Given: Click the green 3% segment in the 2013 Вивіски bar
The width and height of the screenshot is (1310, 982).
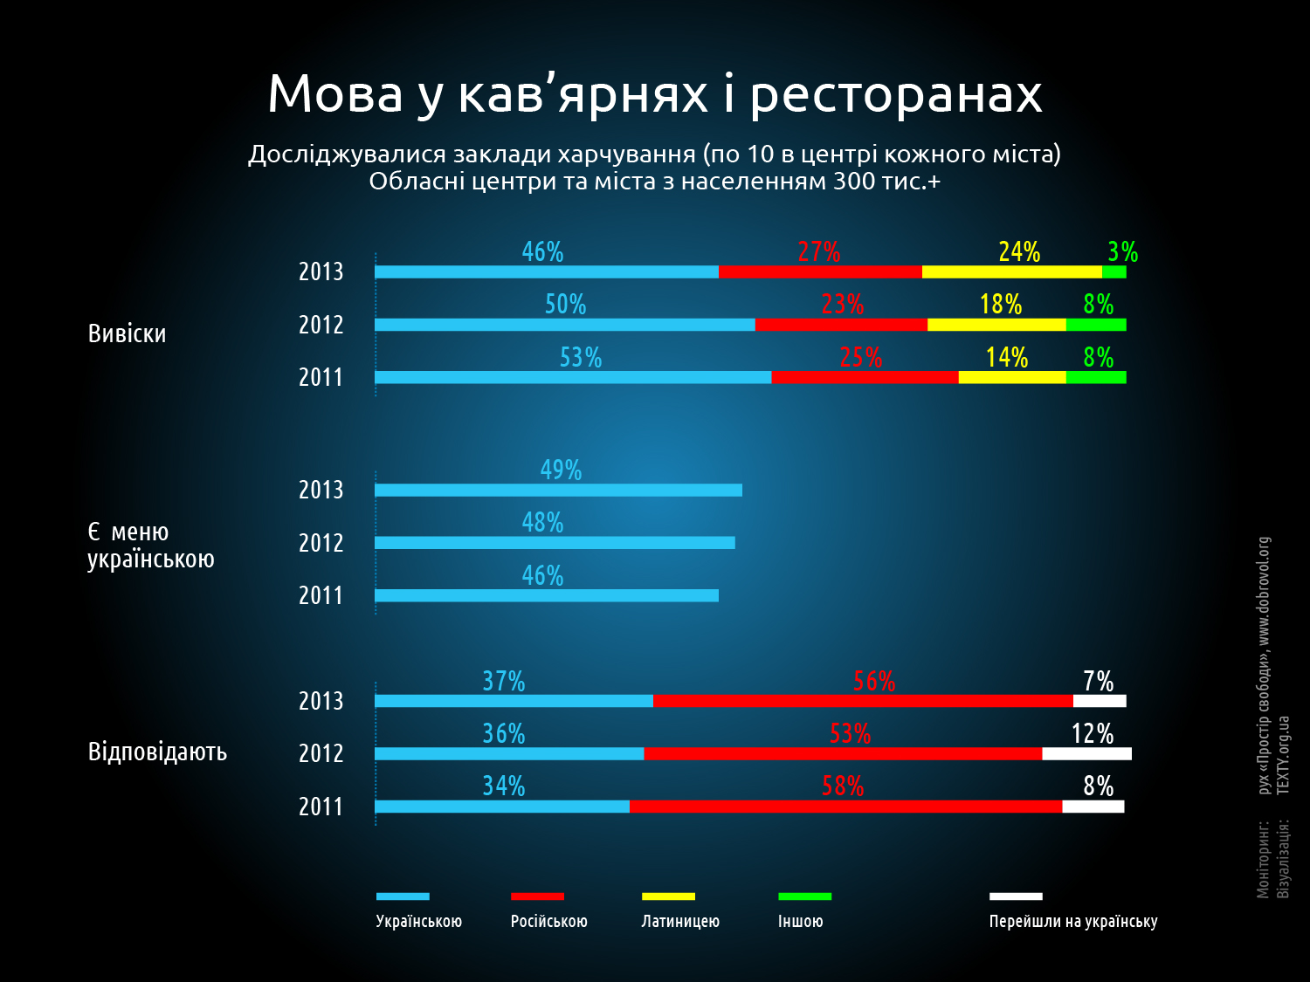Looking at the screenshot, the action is point(1113,271).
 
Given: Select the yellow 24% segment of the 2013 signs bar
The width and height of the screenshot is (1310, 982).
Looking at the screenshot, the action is point(1011,271).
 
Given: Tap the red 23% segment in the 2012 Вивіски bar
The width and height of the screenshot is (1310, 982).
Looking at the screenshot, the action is point(841,325).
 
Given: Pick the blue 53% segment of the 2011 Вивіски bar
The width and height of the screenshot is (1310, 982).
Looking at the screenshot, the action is point(573,377).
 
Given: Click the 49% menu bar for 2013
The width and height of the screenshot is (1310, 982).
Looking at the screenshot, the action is point(559,490).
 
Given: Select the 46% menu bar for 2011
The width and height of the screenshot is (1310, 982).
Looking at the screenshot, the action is point(547,595).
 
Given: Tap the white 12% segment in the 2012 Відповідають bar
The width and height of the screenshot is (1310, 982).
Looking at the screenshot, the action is point(1086,753).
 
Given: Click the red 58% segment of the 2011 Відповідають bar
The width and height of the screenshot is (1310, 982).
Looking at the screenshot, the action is point(845,807).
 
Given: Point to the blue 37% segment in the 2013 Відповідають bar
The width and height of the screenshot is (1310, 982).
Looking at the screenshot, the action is point(514,701).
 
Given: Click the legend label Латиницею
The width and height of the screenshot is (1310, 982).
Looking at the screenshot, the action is point(680,922).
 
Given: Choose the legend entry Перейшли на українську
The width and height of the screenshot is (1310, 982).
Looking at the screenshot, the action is point(1073,922).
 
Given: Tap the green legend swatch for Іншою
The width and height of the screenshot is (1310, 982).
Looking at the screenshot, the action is point(804,896).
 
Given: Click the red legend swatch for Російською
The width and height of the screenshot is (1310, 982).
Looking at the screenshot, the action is point(537,896).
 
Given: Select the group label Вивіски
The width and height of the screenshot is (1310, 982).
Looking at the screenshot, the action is point(128,334).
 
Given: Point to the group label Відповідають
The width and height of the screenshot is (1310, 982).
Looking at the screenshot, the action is point(157,752).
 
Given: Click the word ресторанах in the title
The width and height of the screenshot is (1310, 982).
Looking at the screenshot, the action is point(896,95).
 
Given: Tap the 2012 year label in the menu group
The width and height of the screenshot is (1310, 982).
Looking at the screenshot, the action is point(321,543).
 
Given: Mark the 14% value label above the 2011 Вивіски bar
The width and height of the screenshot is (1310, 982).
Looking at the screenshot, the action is point(1007,357).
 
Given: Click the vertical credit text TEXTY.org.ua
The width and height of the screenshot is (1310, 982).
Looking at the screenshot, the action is point(1283,755).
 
